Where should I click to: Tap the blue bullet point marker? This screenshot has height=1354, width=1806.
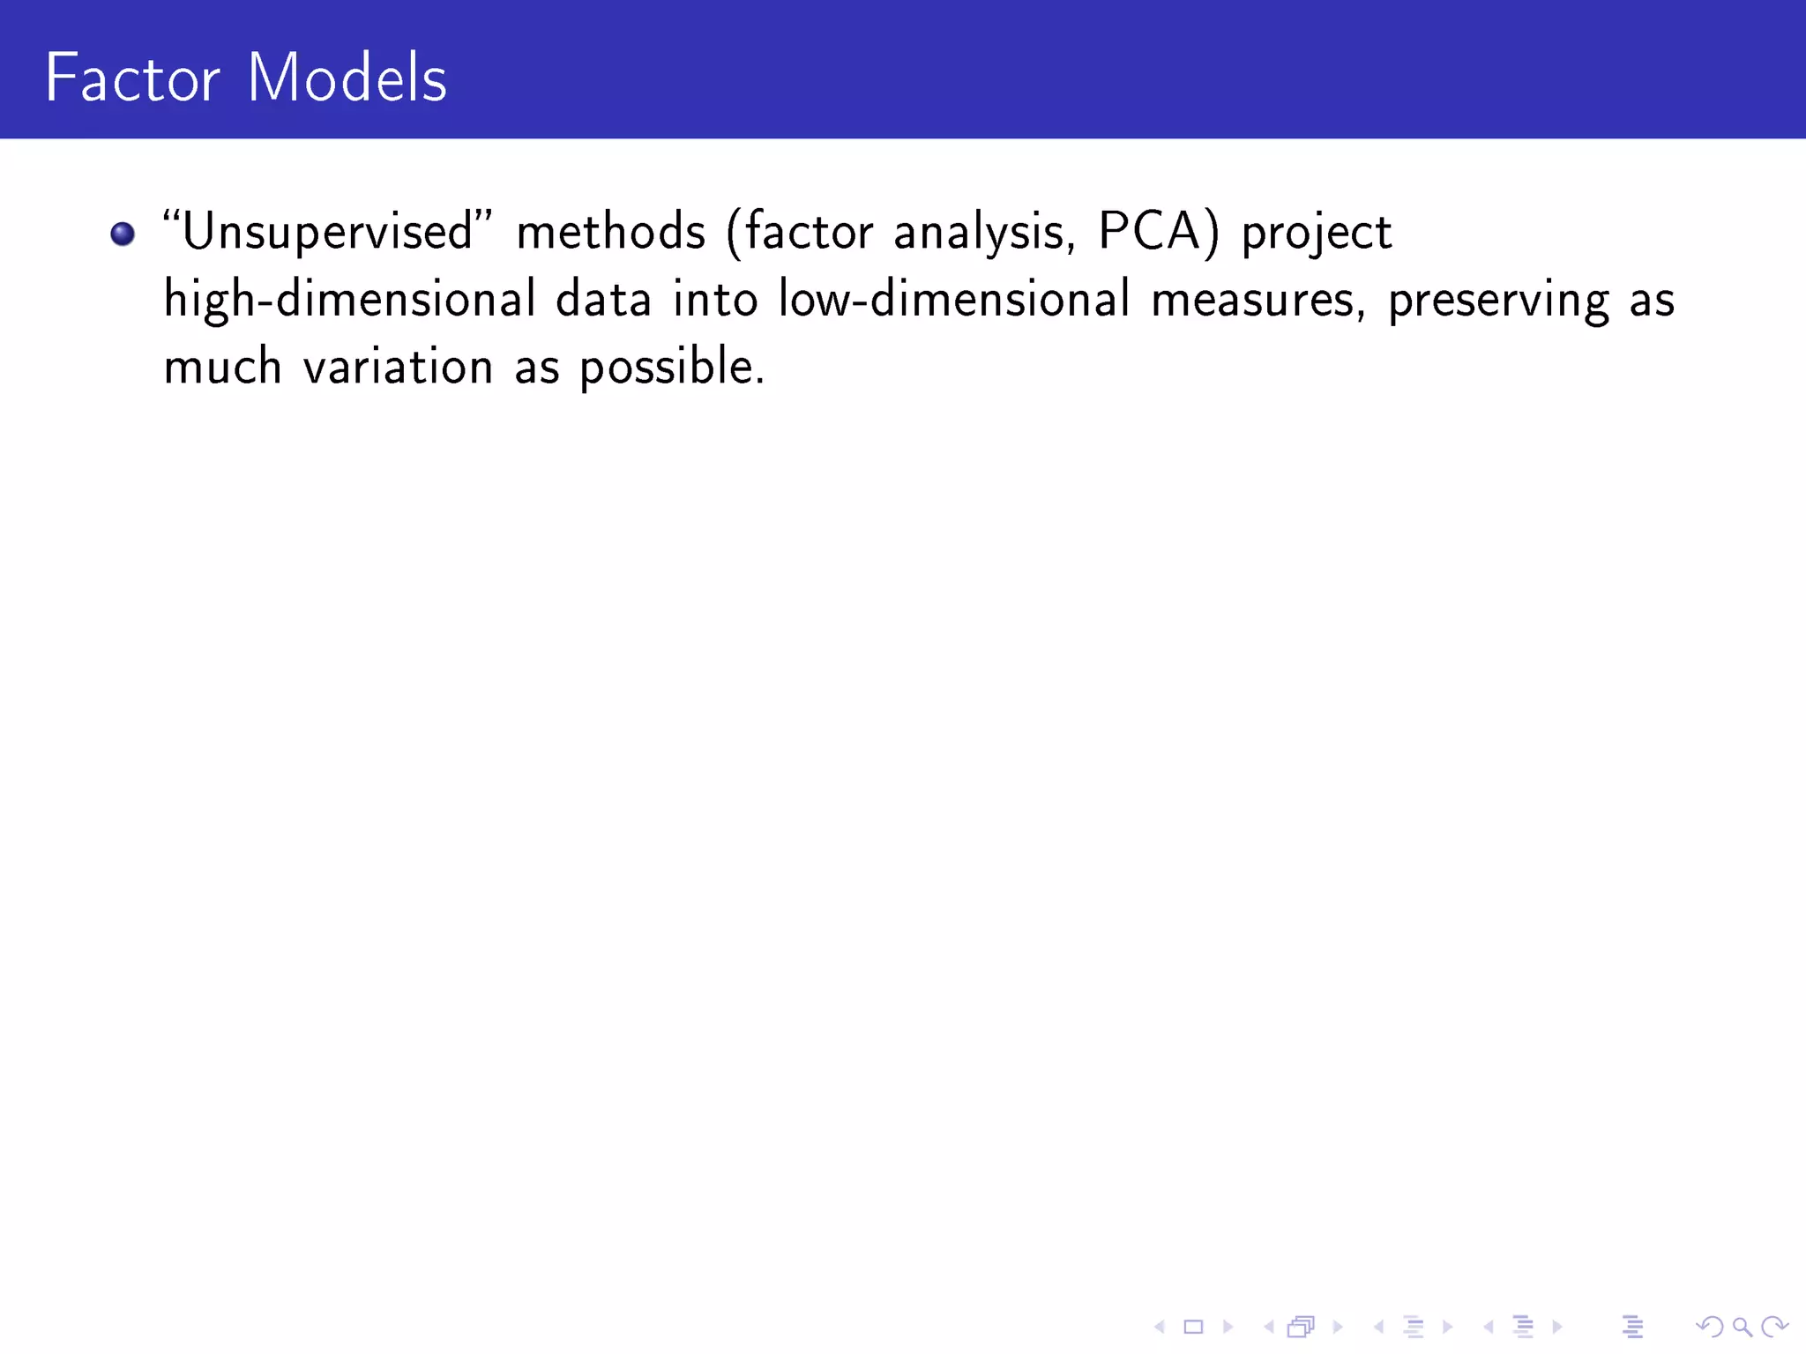pos(123,234)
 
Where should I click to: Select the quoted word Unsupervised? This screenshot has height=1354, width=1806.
pos(327,233)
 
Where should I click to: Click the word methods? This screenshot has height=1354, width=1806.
pos(611,232)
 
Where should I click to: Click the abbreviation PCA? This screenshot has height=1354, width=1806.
pos(1149,231)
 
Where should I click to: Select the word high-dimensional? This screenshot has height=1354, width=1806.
pos(350,300)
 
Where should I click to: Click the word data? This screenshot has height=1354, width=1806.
pos(604,300)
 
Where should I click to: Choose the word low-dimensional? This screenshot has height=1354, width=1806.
pos(953,300)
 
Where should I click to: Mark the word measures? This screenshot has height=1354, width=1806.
pos(1258,300)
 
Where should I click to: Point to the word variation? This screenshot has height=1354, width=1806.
pos(398,367)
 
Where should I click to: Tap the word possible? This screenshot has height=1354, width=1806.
pos(671,367)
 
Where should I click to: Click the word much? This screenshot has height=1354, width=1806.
pos(222,367)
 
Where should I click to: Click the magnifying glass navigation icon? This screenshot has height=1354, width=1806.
pos(1742,1327)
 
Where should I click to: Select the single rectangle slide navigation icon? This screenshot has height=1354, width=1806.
pos(1193,1327)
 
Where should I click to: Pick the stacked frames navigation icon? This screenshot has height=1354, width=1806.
pos(1302,1327)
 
